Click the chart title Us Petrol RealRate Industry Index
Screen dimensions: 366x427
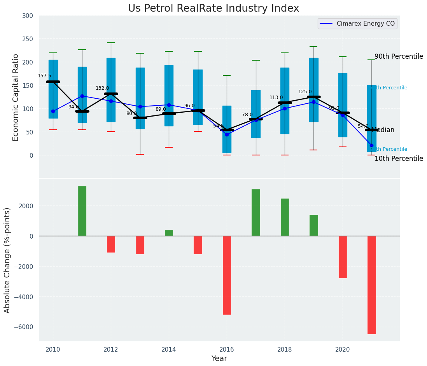[213, 9]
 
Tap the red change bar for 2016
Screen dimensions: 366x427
[227, 275]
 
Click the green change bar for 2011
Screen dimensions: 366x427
[82, 211]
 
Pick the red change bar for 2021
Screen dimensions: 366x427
[371, 285]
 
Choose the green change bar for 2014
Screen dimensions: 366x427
[169, 233]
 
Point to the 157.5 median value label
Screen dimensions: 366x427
[44, 76]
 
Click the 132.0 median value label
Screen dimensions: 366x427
[102, 88]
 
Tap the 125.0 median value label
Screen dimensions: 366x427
[305, 92]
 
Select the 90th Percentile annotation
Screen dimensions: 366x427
[399, 56]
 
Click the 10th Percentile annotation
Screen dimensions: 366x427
[399, 159]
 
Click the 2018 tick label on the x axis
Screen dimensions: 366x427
[285, 350]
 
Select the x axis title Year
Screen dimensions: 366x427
[219, 359]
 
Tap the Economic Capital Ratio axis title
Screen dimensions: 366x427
[16, 97]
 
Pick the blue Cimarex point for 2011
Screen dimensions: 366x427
[82, 96]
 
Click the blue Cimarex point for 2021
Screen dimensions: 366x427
[371, 145]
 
